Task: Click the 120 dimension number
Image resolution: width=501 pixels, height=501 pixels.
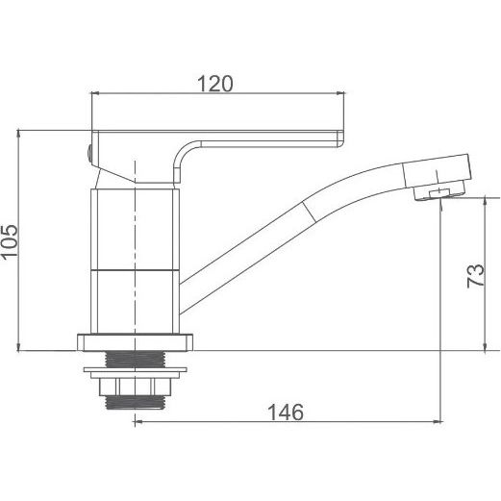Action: pyautogui.click(x=214, y=84)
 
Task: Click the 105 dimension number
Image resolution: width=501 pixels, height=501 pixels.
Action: pyautogui.click(x=9, y=240)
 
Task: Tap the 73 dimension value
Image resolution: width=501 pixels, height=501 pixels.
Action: pyautogui.click(x=475, y=276)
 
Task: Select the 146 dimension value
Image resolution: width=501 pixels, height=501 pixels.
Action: pyautogui.click(x=286, y=412)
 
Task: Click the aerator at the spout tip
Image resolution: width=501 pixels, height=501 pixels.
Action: pyautogui.click(x=438, y=191)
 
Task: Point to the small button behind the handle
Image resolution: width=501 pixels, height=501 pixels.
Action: pyautogui.click(x=90, y=154)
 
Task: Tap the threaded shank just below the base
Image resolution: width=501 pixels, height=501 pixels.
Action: pyautogui.click(x=135, y=359)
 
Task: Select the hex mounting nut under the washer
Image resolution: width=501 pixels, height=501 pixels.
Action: pyautogui.click(x=135, y=387)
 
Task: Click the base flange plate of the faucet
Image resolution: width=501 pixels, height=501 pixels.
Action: pyautogui.click(x=135, y=342)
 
